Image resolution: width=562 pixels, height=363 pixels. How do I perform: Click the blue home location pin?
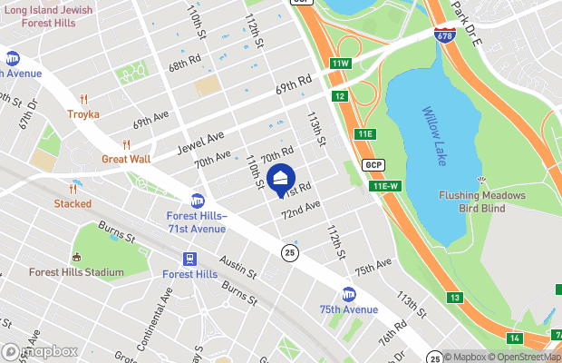281,177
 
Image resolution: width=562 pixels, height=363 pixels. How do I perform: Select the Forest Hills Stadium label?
76,272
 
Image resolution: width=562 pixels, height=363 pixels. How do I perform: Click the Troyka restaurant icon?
82,99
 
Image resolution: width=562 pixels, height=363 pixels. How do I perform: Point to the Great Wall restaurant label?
125,158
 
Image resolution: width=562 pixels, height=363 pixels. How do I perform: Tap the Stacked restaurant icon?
73,189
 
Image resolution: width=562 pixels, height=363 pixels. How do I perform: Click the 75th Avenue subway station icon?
348,294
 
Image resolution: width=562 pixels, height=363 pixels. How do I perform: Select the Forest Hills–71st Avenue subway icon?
197,201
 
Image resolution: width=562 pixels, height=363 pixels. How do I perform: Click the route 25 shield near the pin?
288,251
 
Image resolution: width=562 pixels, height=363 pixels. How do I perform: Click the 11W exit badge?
340,64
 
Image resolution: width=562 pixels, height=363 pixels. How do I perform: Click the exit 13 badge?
454,298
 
